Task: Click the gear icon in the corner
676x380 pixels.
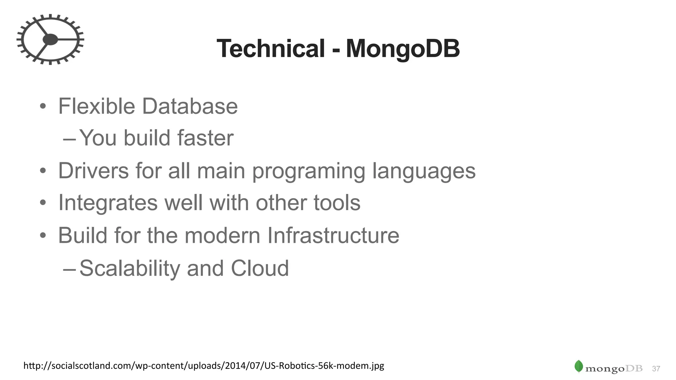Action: (x=50, y=39)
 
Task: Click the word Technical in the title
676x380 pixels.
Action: (x=271, y=49)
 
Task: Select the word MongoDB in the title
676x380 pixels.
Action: (x=403, y=49)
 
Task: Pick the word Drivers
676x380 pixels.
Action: (x=93, y=171)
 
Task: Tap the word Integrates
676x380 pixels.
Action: (x=108, y=203)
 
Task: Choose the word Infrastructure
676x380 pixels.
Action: (x=333, y=235)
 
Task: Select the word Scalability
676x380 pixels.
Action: (x=130, y=268)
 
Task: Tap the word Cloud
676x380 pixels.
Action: (x=260, y=268)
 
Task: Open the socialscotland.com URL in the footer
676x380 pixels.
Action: (x=204, y=365)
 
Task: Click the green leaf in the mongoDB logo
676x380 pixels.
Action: (x=579, y=366)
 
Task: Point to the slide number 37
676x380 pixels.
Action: (x=656, y=369)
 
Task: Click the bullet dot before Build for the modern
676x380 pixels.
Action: (x=43, y=236)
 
